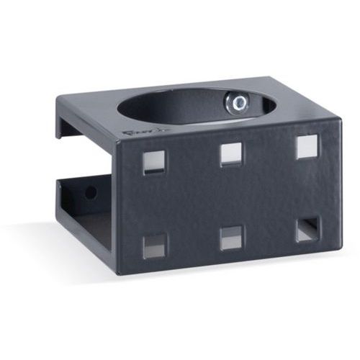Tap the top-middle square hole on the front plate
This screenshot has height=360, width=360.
point(230,154)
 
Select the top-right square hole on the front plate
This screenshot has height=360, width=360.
point(307,147)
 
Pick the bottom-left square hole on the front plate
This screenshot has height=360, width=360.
point(154,246)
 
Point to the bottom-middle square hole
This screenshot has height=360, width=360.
point(231,238)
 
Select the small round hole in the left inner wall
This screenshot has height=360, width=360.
point(91,192)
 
